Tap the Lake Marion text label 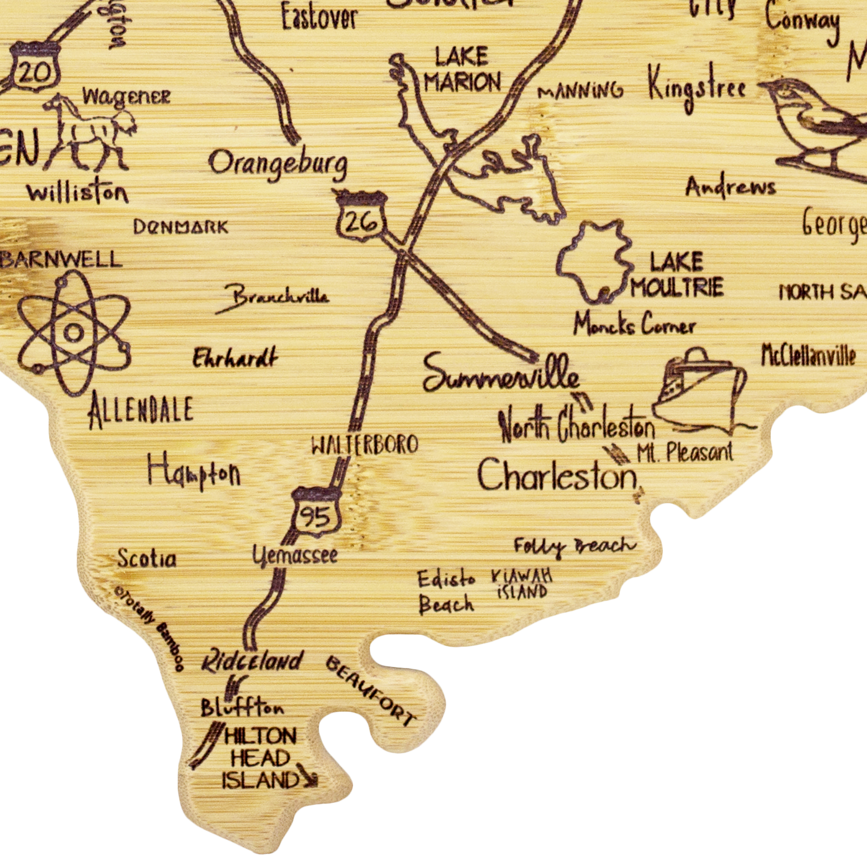461,70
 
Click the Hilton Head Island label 260,759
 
